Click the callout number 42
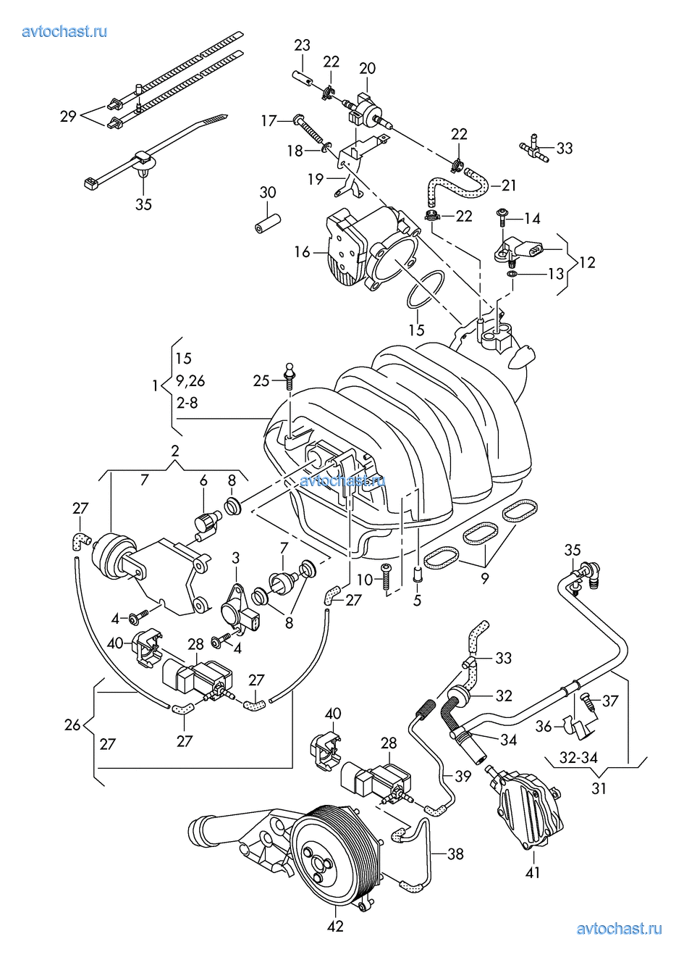point(335,925)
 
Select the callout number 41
point(533,873)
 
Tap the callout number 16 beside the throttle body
point(302,252)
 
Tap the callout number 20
point(367,68)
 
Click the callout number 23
point(302,46)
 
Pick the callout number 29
point(68,116)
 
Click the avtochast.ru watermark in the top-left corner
point(65,31)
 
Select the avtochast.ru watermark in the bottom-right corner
point(619,929)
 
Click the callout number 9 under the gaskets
point(484,578)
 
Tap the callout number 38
point(455,854)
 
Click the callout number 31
point(599,788)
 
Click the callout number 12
point(587,262)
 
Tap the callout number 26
point(72,724)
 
